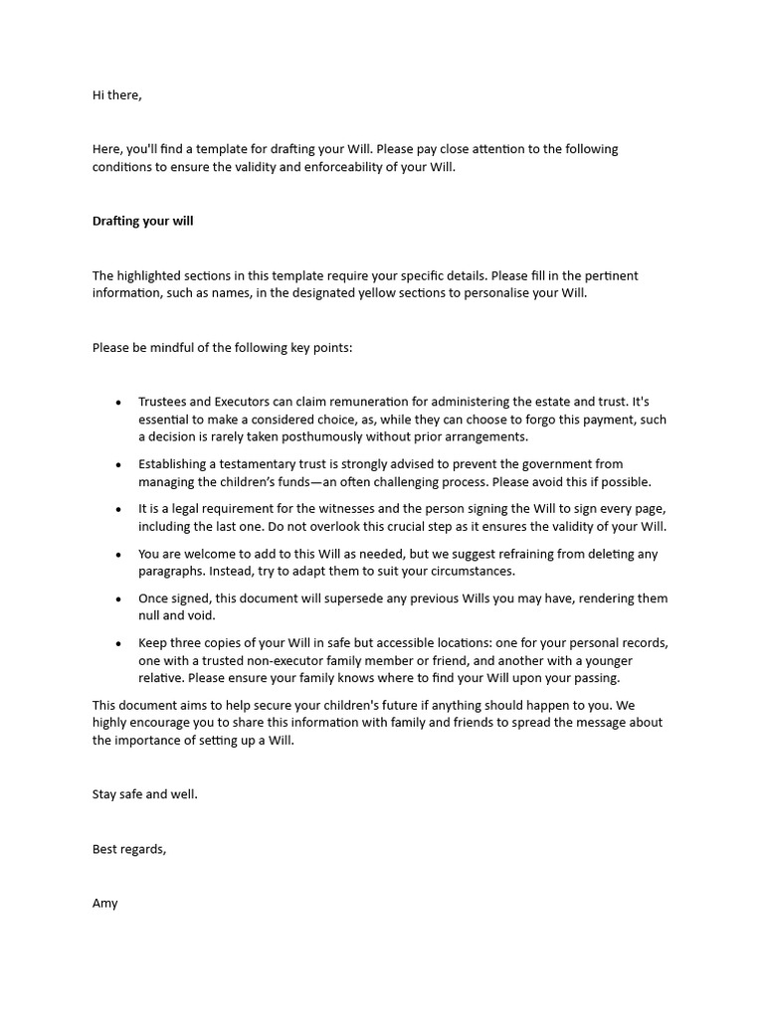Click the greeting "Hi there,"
click(x=117, y=95)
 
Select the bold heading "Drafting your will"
click(x=142, y=222)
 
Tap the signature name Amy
click(x=104, y=904)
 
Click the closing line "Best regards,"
click(x=129, y=850)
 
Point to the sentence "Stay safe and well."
click(x=145, y=795)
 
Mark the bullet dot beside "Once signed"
click(x=118, y=600)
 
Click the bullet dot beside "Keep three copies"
click(x=118, y=644)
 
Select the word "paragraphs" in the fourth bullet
click(x=172, y=573)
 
